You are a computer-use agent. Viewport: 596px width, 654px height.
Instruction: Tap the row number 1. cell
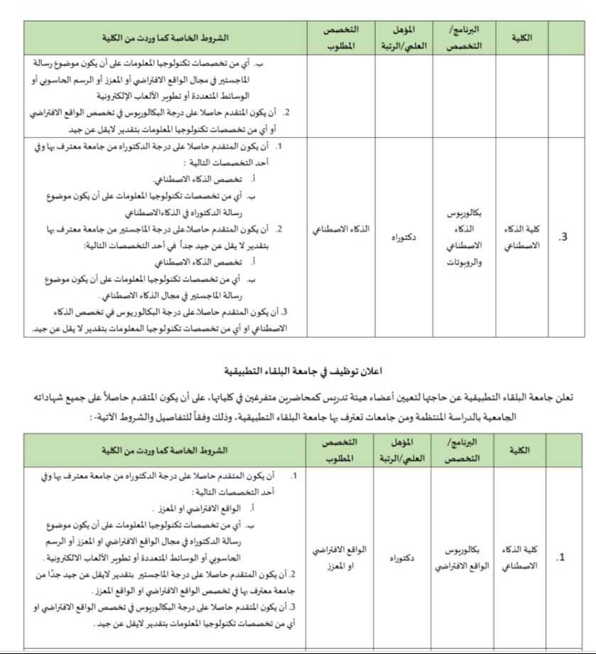(563, 558)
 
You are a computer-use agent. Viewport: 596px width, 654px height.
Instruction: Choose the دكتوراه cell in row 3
(402, 237)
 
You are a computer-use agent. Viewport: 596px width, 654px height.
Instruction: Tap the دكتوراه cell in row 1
(402, 559)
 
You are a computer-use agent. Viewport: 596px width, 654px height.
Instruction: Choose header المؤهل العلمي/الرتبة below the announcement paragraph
(403, 451)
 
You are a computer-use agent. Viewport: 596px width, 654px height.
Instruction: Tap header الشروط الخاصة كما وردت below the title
(163, 451)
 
